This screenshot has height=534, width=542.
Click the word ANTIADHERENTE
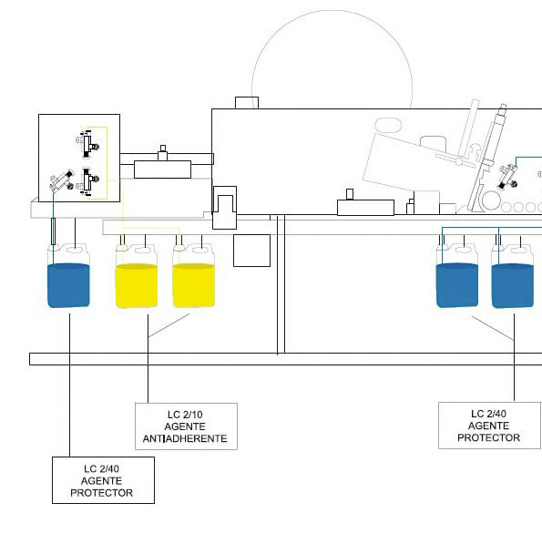click(x=185, y=438)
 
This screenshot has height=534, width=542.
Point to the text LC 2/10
click(x=185, y=415)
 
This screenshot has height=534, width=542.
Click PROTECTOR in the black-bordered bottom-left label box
click(x=102, y=492)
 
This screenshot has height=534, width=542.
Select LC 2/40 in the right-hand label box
click(x=488, y=414)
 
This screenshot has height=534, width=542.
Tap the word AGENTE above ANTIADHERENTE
click(x=185, y=426)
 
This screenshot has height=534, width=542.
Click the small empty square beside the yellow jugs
click(x=251, y=251)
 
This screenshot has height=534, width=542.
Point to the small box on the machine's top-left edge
click(x=247, y=103)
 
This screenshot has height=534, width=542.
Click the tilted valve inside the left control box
click(x=62, y=180)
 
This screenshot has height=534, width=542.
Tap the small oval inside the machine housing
click(x=388, y=125)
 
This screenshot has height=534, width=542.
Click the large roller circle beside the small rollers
click(x=492, y=200)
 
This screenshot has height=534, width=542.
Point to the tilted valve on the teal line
click(x=508, y=177)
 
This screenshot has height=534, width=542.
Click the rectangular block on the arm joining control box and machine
click(x=162, y=169)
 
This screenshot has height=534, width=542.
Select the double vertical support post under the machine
click(x=281, y=284)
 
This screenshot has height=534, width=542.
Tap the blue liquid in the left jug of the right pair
click(x=457, y=285)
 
